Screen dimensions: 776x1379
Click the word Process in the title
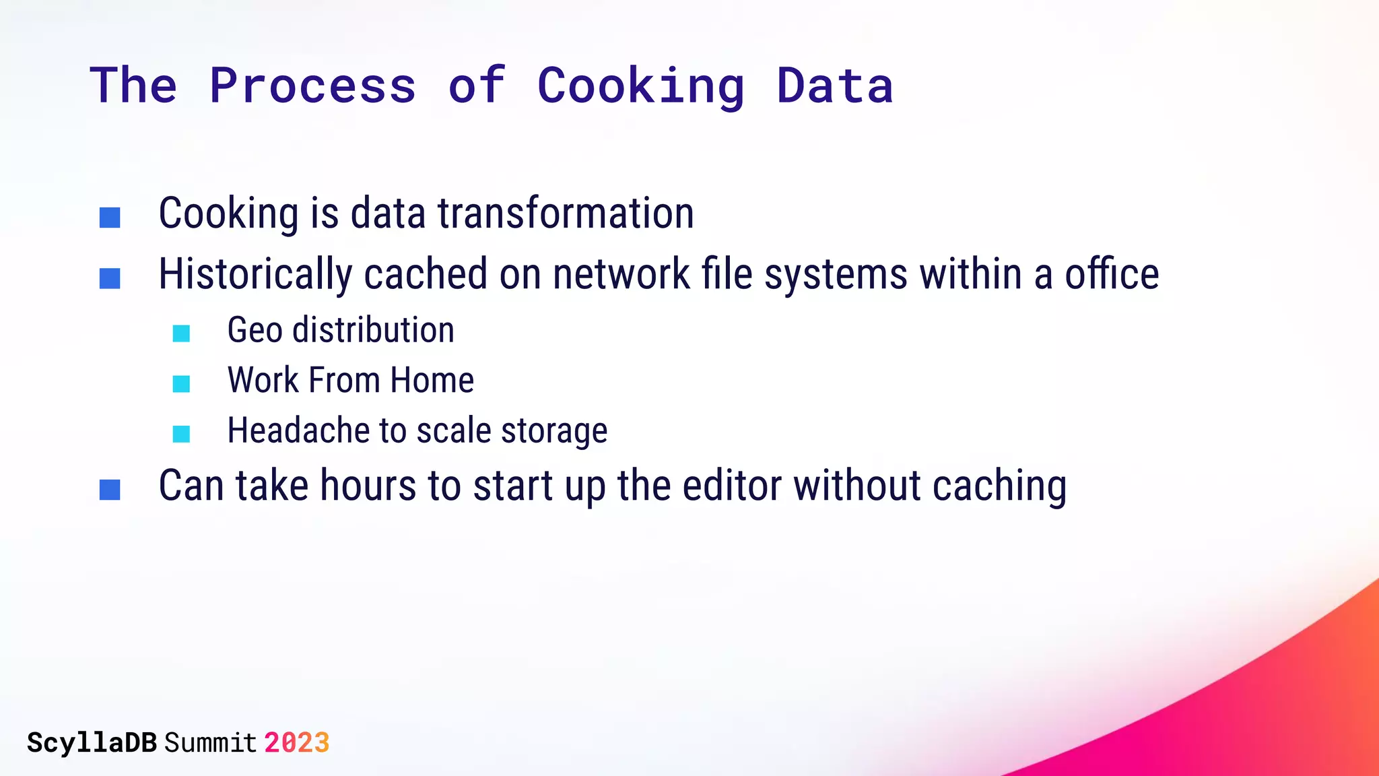tap(312, 86)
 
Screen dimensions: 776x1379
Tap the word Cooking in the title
tap(640, 86)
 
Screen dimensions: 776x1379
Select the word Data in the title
tap(835, 86)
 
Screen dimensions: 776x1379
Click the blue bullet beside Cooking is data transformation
tap(110, 218)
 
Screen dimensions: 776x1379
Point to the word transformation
tap(566, 214)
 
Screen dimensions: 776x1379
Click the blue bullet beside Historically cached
tap(110, 278)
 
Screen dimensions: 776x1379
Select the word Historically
tap(255, 275)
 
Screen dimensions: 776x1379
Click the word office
tap(1112, 275)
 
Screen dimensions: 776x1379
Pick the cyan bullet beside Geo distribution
tap(181, 333)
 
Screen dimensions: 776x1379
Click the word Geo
tap(255, 330)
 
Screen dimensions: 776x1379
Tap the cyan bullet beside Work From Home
tap(181, 384)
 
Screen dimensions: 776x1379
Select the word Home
tap(432, 380)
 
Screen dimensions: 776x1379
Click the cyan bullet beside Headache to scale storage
tap(181, 434)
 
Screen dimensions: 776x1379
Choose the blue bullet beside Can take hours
tap(110, 490)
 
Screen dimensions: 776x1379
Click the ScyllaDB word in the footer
tap(92, 743)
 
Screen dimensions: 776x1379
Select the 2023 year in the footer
tap(296, 743)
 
